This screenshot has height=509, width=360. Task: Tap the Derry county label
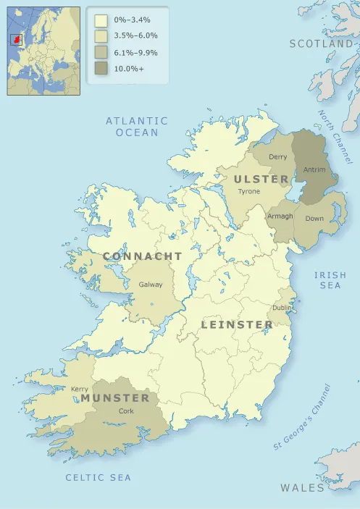point(277,157)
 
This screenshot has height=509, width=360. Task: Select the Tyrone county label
point(248,191)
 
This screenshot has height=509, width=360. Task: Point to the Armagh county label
point(280,216)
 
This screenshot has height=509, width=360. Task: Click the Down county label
point(314,218)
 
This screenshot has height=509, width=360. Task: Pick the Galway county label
point(151,285)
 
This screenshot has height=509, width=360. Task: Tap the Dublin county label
point(282,308)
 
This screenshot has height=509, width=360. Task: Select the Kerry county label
point(80,389)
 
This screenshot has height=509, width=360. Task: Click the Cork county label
point(126,411)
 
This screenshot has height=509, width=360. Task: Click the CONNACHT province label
point(143,256)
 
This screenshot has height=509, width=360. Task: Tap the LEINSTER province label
point(237,324)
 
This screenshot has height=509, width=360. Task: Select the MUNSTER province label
point(115,398)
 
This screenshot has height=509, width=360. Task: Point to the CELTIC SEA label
point(99,477)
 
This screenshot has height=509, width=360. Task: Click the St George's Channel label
point(302,417)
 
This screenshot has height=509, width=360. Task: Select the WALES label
point(303,488)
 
